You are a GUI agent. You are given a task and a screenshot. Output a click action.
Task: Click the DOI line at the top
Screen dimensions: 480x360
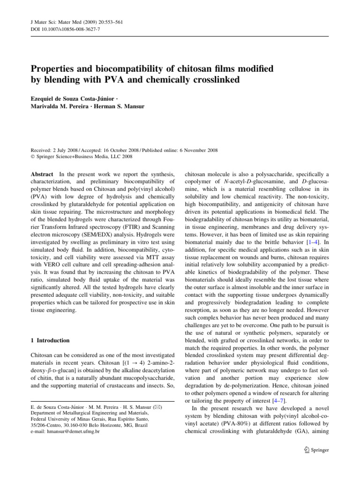point(58,29)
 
